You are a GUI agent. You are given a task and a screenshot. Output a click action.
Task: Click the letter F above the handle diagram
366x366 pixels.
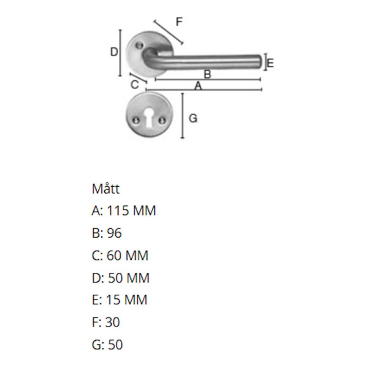179,22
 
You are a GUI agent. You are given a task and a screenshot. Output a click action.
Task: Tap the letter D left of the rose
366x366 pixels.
114,52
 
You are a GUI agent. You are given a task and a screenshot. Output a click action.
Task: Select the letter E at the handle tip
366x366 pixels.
270,63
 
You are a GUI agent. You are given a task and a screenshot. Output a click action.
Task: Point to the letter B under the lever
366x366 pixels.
208,74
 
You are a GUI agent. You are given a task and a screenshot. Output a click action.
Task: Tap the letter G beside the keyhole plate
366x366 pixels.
193,118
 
